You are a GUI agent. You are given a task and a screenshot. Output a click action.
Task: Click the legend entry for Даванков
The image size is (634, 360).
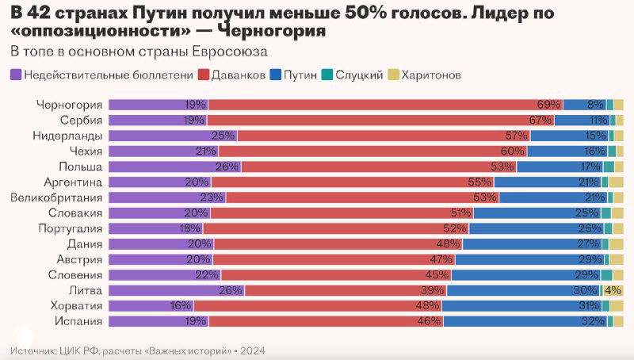[x=231, y=75]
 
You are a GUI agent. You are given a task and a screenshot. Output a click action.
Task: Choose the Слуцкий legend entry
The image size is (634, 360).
[x=352, y=75]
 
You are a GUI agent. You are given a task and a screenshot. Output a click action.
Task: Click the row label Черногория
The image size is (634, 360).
[x=70, y=105]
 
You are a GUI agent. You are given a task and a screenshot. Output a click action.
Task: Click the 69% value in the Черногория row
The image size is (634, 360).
[x=548, y=105]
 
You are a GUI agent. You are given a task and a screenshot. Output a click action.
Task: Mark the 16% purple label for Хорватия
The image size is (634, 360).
[x=181, y=305]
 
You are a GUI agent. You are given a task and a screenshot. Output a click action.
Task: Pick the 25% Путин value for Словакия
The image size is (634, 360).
[x=586, y=213]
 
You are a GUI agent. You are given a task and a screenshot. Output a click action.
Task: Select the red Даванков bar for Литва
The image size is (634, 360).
[x=333, y=290]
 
